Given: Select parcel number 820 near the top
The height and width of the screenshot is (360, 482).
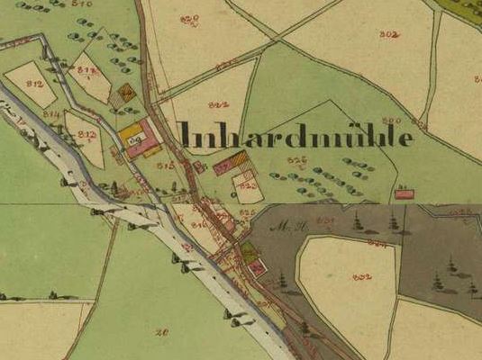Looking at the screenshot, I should pos(188,19).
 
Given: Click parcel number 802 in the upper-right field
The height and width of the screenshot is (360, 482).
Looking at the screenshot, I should pos(389,34).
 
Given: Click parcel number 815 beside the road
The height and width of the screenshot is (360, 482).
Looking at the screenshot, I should pos(165,166).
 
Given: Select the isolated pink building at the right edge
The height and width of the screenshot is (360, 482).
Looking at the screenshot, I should pos(405,193).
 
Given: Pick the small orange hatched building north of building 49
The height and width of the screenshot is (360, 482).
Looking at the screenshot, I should pos(129,91).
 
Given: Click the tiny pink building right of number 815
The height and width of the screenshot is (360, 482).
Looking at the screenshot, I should pos(198,166).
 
